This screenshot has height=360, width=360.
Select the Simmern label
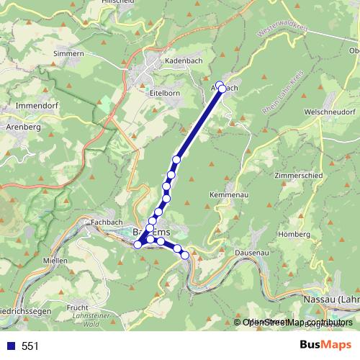[x=70, y=53]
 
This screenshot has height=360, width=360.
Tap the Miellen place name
[x=55, y=260]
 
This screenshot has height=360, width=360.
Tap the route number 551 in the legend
[x=30, y=346]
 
